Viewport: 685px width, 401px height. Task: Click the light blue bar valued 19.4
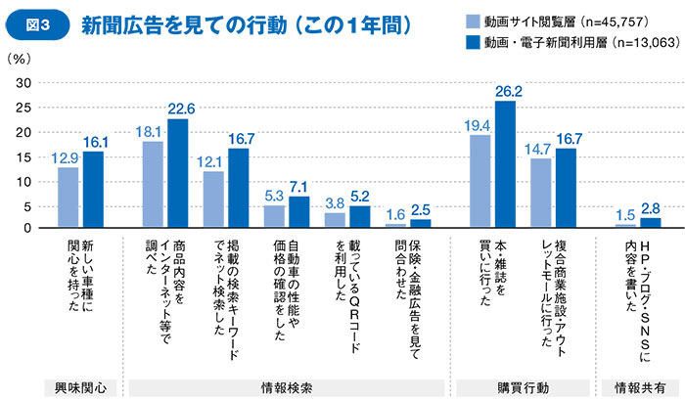pyautogui.click(x=479, y=181)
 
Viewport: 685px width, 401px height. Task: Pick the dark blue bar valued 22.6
pyautogui.click(x=177, y=173)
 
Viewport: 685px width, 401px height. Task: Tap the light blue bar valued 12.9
pyautogui.click(x=68, y=197)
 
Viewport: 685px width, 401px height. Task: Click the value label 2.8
pyautogui.click(x=651, y=208)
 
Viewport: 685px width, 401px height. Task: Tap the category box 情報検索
pyautogui.click(x=289, y=387)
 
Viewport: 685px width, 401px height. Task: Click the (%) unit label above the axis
pyautogui.click(x=21, y=60)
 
